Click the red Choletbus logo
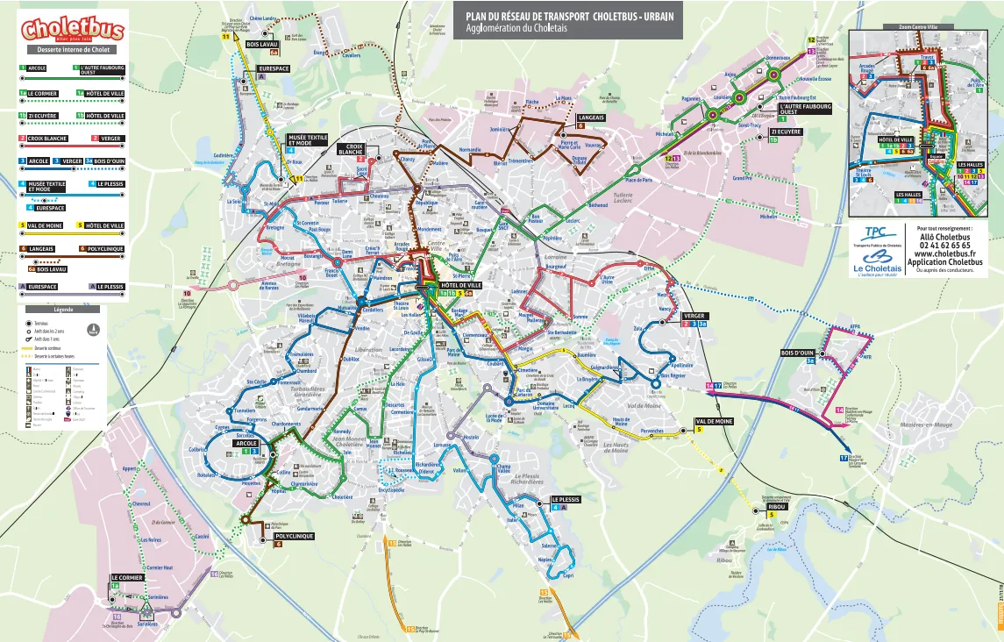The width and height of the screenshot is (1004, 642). tap(73, 31)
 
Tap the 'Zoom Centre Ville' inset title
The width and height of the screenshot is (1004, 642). tap(924, 27)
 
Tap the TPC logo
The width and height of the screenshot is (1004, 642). tap(875, 234)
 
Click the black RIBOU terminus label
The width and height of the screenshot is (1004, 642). tap(777, 507)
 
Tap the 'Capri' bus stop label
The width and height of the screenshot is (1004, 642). tap(567, 575)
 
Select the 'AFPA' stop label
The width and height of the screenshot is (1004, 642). tap(854, 327)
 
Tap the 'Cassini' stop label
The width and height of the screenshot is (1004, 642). tap(201, 536)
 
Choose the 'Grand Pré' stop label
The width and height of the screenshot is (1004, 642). tap(742, 178)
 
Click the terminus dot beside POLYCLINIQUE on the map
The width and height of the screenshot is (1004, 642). tap(265, 526)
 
